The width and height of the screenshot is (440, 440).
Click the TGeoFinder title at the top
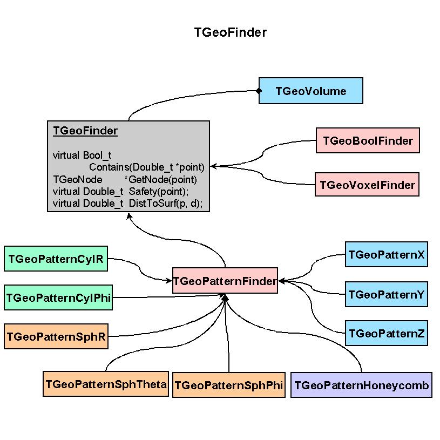pos(231,32)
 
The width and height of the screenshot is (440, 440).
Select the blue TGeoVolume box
pos(311,91)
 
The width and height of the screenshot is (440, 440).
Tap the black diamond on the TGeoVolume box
pos(259,91)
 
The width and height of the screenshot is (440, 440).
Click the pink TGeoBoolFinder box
pos(368,141)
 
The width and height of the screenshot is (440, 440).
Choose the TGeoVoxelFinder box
pos(367,185)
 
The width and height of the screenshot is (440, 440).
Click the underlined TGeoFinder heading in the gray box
pos(85,131)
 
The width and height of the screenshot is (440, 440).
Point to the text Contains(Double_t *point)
pos(147,167)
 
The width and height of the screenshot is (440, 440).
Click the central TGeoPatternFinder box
pos(225,281)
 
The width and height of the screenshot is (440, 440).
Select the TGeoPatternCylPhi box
pos(58,297)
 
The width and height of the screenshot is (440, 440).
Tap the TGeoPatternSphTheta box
pos(106,384)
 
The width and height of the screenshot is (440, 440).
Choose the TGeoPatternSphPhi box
pos(229,385)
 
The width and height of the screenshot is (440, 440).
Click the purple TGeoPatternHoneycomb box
pos(361,385)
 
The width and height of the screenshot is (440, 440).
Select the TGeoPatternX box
pos(387,254)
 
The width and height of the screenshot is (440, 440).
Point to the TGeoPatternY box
pos(387,295)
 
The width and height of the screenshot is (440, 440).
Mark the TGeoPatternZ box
pos(387,334)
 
